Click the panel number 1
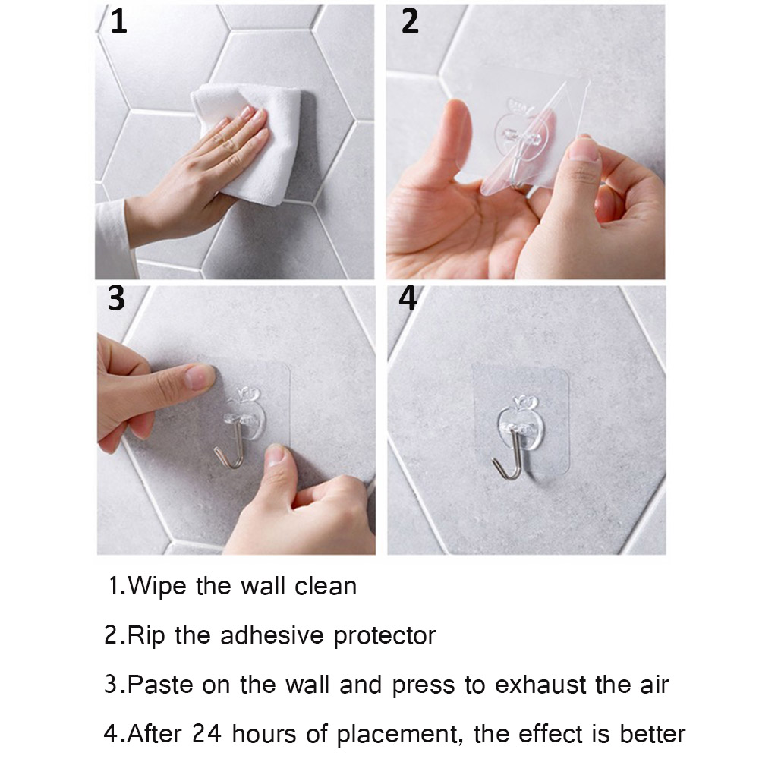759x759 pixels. pyautogui.click(x=118, y=22)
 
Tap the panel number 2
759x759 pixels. pyautogui.click(x=410, y=22)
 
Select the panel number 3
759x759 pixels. pyautogui.click(x=116, y=298)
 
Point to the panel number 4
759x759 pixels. pyautogui.click(x=408, y=298)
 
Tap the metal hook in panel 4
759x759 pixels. pyautogui.click(x=509, y=455)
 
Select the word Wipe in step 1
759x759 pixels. pyautogui.click(x=157, y=587)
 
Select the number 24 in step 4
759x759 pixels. pyautogui.click(x=206, y=733)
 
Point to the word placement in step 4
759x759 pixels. pyautogui.click(x=397, y=735)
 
